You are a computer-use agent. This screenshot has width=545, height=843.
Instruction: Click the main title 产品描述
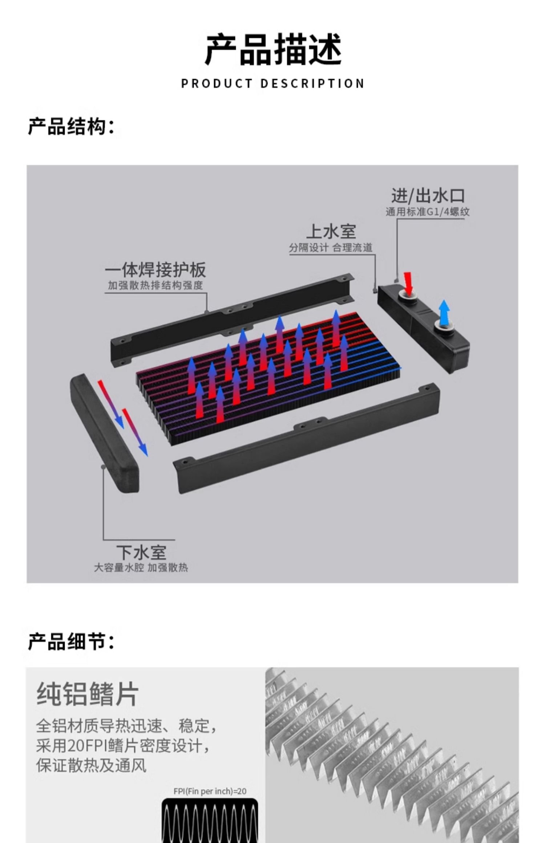click(273, 50)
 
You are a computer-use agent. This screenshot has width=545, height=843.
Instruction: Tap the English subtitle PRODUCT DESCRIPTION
click(273, 84)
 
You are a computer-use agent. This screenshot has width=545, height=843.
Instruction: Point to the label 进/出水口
click(428, 196)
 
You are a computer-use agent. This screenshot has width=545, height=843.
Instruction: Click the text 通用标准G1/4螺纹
click(427, 212)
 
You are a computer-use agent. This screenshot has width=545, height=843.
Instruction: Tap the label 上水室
click(331, 231)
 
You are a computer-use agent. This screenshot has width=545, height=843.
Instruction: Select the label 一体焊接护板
click(156, 270)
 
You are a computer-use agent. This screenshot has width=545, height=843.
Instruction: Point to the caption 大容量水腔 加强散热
click(141, 567)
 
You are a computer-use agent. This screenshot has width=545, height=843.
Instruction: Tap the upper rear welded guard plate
click(233, 319)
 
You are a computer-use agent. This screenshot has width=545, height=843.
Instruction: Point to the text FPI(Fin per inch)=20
click(210, 791)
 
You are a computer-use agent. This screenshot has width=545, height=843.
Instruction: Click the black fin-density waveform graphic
click(210, 820)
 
